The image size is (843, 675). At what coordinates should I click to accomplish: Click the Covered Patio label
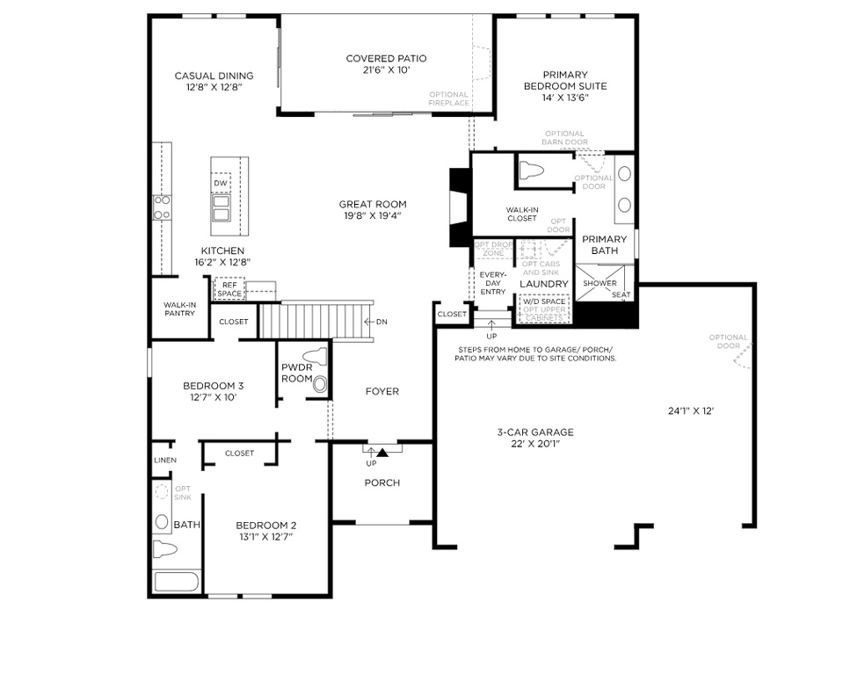point(386,59)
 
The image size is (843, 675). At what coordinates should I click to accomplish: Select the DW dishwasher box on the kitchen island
point(220,183)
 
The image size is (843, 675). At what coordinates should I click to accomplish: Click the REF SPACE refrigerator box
point(229,288)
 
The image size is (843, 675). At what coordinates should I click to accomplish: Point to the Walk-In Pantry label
point(179,308)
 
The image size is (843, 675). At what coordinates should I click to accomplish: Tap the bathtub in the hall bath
point(176,582)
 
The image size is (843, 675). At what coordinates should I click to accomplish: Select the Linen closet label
point(164,460)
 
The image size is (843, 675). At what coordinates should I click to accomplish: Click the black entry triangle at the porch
point(382,452)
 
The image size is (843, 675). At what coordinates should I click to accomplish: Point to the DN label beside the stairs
point(382,322)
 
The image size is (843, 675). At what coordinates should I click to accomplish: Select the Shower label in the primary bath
point(600,283)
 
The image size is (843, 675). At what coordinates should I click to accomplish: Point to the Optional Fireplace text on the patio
point(448,98)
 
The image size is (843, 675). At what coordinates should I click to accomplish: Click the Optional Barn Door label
point(564,137)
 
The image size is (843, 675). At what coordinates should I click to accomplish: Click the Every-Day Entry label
point(492,283)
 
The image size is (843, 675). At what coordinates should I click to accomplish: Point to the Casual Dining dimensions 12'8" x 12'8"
point(214,88)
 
